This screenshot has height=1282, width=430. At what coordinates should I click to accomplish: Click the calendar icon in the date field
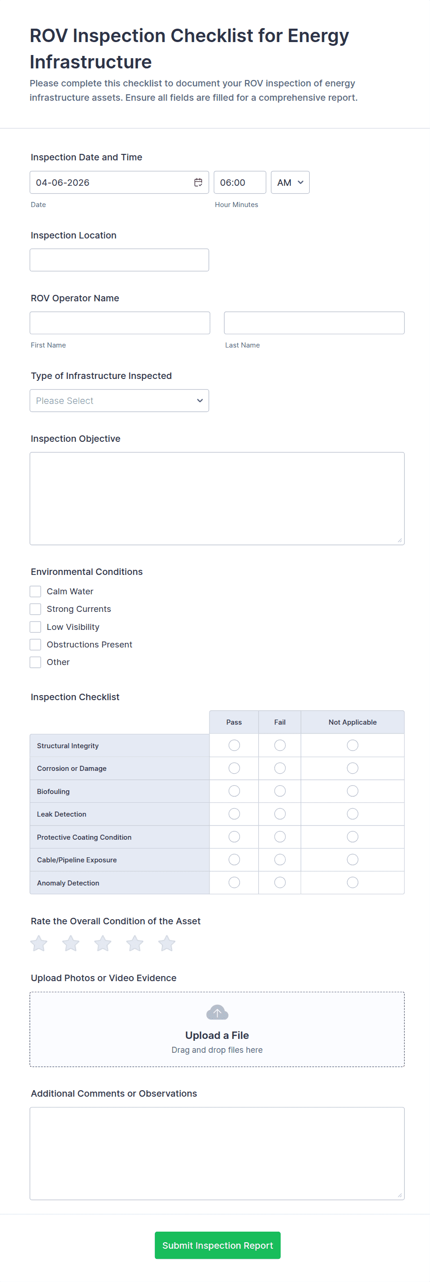point(198,183)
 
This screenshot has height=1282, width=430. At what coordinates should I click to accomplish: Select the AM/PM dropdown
point(289,183)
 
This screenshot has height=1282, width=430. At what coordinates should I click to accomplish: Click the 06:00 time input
point(240,183)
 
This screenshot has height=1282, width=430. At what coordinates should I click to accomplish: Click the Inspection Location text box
point(119,260)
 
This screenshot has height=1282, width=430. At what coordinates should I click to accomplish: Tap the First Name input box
point(119,323)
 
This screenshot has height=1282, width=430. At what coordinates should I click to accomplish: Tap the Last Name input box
point(313,323)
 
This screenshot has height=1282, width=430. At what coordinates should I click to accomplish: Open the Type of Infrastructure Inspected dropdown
point(119,401)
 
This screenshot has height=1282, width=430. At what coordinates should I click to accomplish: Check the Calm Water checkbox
point(35,591)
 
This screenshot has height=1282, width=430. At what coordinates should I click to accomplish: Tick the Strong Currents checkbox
point(35,609)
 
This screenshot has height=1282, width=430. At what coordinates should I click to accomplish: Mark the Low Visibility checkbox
point(35,627)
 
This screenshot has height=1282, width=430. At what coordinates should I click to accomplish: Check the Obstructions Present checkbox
point(35,645)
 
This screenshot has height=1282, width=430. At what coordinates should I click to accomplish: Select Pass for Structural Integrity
point(234,745)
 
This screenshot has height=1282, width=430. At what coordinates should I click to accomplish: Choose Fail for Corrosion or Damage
point(280,769)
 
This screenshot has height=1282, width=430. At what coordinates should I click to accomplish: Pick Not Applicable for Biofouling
point(352,791)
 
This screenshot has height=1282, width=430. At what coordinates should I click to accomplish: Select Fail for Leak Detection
point(280,814)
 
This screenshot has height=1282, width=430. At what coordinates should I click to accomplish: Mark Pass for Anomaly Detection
point(234,882)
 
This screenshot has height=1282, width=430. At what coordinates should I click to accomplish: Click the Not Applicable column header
point(352,722)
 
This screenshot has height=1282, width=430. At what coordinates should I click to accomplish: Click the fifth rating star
point(167,943)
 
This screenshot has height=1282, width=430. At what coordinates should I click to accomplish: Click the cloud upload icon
point(217,1012)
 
